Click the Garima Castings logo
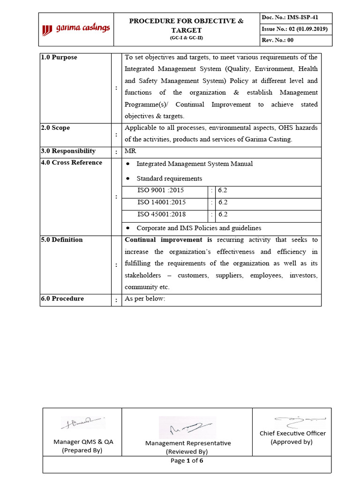pos(76,29)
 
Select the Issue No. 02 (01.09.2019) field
pos(295,29)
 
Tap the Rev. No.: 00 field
pos(277,40)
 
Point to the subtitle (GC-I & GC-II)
pos(186,37)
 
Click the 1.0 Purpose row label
pos(59,57)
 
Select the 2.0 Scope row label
pos(55,127)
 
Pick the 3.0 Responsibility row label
pos(68,151)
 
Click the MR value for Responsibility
pos(130,151)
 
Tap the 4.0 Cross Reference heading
pos(72,163)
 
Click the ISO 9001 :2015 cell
pos(161,191)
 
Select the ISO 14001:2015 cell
pos(161,202)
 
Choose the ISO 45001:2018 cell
pos(161,214)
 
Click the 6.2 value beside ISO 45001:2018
pos(223,214)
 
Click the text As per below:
pos(145,299)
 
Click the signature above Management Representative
pos(187,427)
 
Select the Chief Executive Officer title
pos(292,434)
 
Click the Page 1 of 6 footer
pos(187,460)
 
